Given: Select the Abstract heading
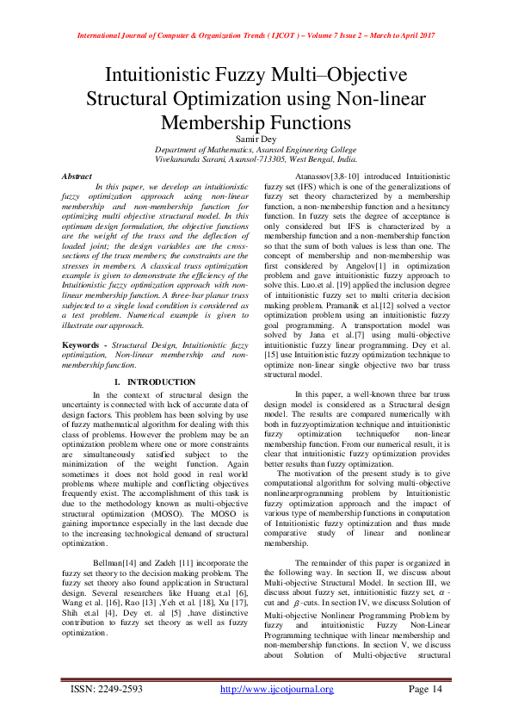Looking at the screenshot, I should (77, 176).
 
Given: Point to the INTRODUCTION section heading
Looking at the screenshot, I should (155, 381).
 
